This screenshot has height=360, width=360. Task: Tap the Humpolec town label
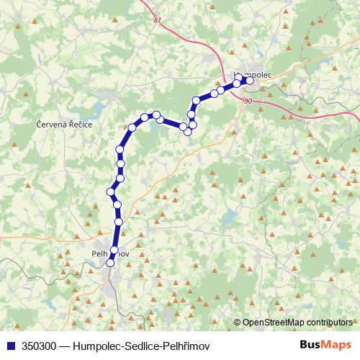point(251,75)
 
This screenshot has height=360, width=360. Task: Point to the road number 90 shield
point(248,102)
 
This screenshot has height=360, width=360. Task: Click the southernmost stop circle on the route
point(110,264)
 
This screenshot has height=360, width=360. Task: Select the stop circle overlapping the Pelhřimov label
point(114,251)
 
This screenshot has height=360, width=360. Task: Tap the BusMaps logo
point(325,345)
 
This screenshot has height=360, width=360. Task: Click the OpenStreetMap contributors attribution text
point(297,322)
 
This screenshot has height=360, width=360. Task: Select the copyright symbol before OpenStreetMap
point(238,322)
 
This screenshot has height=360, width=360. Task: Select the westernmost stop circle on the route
point(111,192)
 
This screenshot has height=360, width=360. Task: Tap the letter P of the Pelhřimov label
point(95,254)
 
